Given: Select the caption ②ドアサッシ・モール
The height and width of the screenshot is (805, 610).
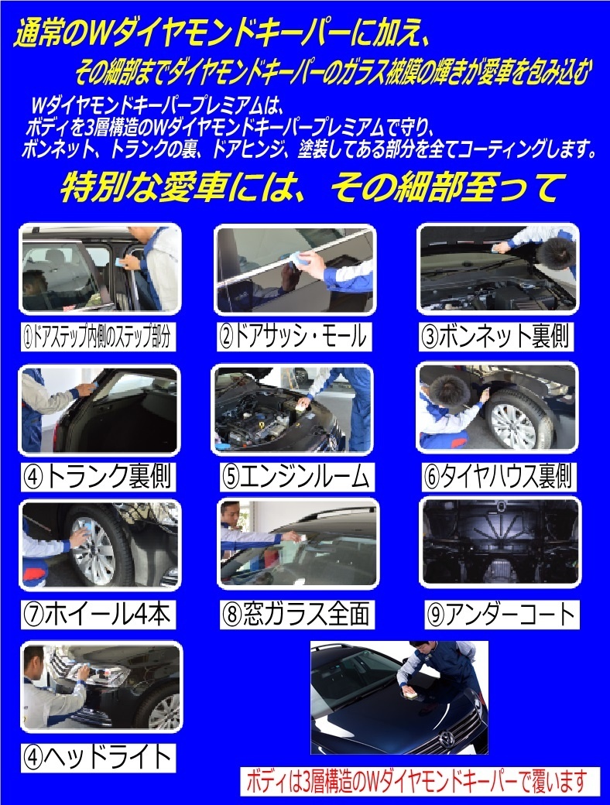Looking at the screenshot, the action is [x=293, y=337].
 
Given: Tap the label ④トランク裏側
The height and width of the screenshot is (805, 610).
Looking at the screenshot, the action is [x=98, y=477].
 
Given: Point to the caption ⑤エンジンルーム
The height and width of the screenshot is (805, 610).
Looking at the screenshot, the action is [x=296, y=477].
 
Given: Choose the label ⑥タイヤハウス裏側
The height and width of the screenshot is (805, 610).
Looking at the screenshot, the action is [x=498, y=477].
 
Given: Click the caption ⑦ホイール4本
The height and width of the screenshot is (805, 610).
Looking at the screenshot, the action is [x=98, y=615].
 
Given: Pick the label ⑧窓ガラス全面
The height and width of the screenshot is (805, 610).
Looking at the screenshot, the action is [x=296, y=615].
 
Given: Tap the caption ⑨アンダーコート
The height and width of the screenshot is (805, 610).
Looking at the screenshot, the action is [x=502, y=615].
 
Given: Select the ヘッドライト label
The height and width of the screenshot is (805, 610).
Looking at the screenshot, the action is [x=98, y=758].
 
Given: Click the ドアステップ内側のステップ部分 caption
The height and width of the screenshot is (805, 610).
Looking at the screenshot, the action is [x=98, y=337].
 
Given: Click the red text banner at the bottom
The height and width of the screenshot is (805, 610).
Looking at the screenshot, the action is [x=420, y=781].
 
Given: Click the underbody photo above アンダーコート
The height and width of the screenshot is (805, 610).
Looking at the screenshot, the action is [x=500, y=542].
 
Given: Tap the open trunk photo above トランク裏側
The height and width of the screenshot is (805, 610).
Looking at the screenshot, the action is [x=99, y=410].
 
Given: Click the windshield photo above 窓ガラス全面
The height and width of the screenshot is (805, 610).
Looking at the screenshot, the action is [x=298, y=543].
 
